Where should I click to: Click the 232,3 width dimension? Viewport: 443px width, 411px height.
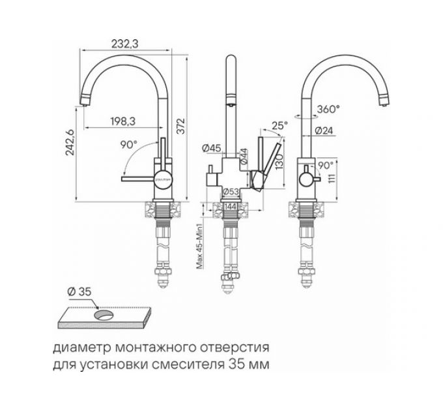(x=127, y=44)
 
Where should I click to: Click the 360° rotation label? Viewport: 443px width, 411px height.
(x=328, y=110)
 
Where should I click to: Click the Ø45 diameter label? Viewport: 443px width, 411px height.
(x=209, y=148)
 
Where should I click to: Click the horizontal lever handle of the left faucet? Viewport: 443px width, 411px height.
(x=139, y=176)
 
